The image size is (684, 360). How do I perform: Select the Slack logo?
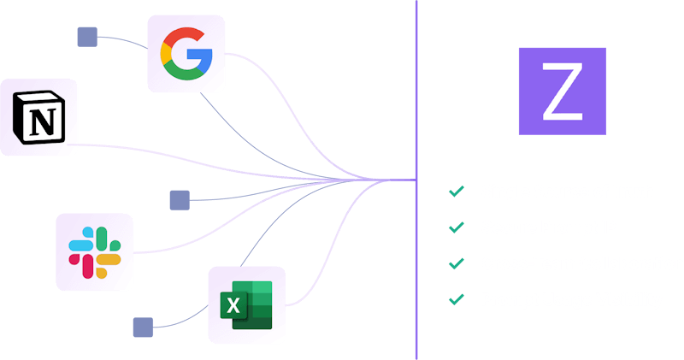click(x=95, y=252)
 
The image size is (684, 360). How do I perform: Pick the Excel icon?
click(x=246, y=304)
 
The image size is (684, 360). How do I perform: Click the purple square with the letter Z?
click(x=562, y=91)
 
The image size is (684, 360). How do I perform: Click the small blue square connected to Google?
click(x=86, y=36)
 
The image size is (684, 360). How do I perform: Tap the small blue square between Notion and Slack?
click(x=179, y=200)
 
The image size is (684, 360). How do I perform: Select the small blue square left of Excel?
click(x=143, y=328)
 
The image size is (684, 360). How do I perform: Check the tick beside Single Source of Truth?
click(x=457, y=192)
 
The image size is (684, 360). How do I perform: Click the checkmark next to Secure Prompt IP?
click(x=457, y=227)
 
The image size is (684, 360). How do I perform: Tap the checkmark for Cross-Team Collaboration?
click(x=457, y=263)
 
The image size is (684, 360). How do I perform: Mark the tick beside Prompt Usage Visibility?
click(x=457, y=299)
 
